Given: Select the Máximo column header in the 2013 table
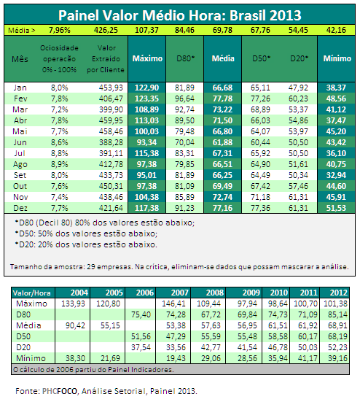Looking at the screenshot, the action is (x=147, y=58).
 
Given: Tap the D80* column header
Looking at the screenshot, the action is (x=185, y=58).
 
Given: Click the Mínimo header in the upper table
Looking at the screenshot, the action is (x=337, y=58).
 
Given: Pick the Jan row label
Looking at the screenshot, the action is (x=20, y=88).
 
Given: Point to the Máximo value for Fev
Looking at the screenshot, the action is (x=146, y=98).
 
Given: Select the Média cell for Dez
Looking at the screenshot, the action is (x=222, y=208).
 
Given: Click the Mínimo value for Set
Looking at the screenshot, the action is (x=336, y=175).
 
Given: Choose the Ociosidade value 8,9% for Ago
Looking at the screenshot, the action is (x=60, y=164).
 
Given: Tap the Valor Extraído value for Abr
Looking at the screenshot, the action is (x=111, y=120).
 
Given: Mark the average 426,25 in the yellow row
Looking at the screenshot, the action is (x=106, y=30).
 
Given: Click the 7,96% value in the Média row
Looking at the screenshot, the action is (x=60, y=30).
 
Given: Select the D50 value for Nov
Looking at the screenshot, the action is (x=260, y=197).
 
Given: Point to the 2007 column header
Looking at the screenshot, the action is (x=180, y=293).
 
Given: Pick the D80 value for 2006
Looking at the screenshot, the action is (x=141, y=314).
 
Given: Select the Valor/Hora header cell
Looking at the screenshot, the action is (x=32, y=293).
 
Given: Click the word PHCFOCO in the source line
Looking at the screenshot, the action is (x=60, y=391).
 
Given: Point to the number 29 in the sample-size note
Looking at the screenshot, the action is (x=91, y=267).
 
